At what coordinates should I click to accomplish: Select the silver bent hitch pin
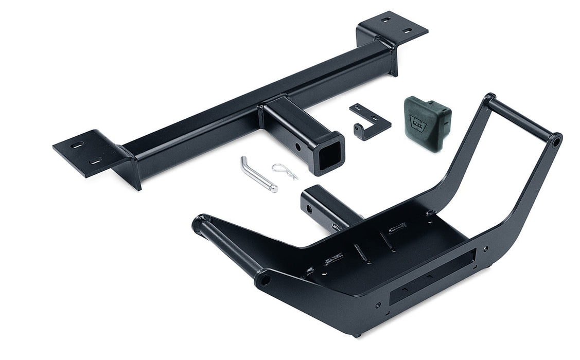click(257, 175)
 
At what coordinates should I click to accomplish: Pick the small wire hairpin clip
click(285, 171)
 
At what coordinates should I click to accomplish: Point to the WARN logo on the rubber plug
click(416, 122)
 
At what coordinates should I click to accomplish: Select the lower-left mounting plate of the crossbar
click(85, 153)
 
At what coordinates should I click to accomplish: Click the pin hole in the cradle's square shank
click(309, 209)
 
